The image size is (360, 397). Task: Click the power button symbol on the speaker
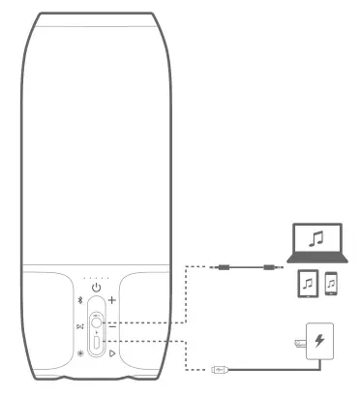(x=95, y=287)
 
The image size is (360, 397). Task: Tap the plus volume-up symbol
(x=112, y=301)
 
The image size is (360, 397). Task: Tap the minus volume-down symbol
(x=112, y=326)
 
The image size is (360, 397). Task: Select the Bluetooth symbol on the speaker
(x=79, y=301)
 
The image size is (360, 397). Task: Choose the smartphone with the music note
(x=331, y=284)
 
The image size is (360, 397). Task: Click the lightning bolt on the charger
(x=318, y=342)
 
